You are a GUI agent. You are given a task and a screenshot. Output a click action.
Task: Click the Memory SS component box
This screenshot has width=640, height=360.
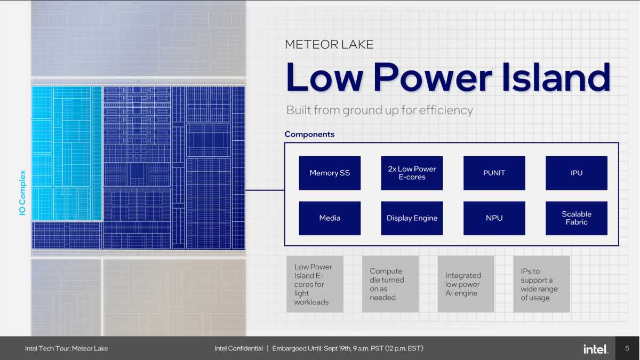(330, 173)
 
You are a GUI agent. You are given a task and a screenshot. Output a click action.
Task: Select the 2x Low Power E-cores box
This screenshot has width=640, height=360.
(412, 173)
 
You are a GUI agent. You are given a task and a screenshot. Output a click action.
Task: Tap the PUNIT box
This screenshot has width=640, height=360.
(494, 173)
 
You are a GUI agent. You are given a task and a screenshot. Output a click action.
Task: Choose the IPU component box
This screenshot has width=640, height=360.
(576, 173)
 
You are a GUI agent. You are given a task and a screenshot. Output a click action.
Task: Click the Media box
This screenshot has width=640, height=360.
(330, 218)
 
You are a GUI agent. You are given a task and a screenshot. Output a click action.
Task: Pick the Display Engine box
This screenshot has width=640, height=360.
(412, 218)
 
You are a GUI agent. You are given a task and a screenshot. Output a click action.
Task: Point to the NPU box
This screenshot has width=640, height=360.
(494, 218)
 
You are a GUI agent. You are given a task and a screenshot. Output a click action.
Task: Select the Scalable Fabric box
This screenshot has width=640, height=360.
(576, 218)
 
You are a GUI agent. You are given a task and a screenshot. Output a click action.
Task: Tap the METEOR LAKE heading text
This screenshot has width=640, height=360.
(329, 44)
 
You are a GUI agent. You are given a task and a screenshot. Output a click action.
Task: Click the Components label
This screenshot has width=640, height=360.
(309, 134)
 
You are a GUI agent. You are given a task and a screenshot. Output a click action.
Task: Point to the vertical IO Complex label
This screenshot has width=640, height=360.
(23, 193)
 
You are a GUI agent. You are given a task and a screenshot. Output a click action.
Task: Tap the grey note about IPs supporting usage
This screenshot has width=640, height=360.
(541, 284)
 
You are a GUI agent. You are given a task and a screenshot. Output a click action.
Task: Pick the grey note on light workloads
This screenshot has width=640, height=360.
(315, 284)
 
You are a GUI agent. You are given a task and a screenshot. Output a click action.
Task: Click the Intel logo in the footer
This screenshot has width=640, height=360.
(596, 349)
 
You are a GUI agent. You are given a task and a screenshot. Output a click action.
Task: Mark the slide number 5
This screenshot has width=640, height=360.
(627, 349)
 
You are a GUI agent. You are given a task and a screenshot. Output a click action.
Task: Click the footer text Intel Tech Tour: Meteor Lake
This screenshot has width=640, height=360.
(66, 349)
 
